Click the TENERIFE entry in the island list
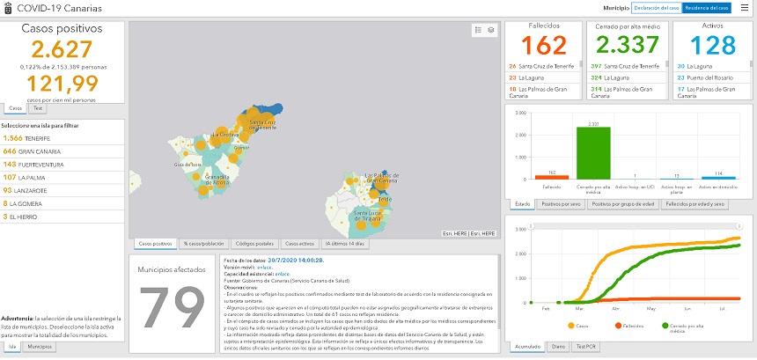(x=26, y=138)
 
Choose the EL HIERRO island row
(x=22, y=216)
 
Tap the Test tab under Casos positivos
(x=37, y=108)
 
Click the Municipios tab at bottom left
(x=39, y=348)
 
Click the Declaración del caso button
(x=656, y=7)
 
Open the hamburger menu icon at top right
(x=745, y=7)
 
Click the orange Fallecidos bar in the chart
(x=545, y=176)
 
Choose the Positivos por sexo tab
(x=560, y=203)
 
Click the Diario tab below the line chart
(x=558, y=347)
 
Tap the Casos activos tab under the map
(x=300, y=243)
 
